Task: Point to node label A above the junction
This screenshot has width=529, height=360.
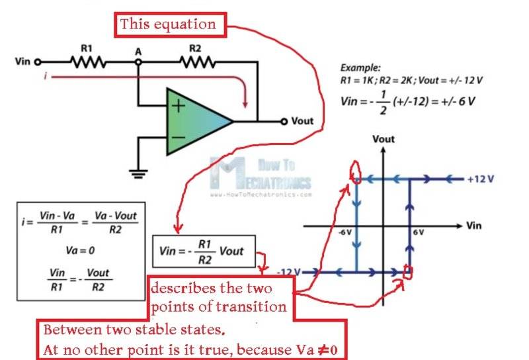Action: click(138, 50)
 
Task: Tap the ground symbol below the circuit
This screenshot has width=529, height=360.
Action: click(138, 175)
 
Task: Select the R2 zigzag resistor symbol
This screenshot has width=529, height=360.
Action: click(196, 62)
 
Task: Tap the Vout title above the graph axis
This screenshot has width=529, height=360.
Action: click(384, 140)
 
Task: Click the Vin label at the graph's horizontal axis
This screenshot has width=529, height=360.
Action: click(473, 226)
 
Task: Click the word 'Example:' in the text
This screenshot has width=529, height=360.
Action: click(360, 67)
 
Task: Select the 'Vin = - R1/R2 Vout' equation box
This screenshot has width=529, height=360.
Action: click(202, 251)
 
